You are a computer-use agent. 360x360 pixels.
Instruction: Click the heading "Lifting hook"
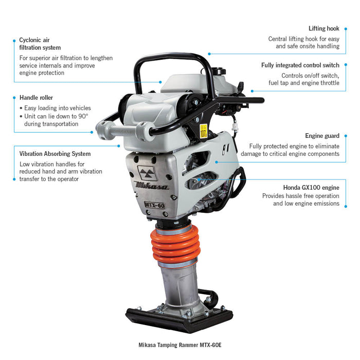323,28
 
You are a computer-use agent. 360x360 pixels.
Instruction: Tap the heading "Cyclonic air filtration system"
40,44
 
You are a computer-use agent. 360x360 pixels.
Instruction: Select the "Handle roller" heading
37,98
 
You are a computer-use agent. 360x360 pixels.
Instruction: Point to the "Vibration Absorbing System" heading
55,154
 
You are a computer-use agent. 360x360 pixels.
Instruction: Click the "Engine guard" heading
322,136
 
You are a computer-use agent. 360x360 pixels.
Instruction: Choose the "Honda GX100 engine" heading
311,188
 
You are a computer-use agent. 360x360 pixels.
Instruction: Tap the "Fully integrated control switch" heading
300,65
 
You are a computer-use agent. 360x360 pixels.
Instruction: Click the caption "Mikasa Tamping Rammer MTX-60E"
180,345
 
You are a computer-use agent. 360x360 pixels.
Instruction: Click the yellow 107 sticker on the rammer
204,131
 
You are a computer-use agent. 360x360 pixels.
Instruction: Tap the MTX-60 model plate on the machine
154,205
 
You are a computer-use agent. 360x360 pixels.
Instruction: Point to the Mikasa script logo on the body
152,186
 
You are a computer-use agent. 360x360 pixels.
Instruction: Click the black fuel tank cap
218,70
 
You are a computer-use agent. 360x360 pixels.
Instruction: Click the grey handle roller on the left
125,131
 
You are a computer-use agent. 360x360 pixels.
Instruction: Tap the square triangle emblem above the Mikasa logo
147,173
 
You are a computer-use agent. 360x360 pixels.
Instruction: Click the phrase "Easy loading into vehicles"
58,108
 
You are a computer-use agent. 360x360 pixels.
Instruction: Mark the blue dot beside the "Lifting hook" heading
346,29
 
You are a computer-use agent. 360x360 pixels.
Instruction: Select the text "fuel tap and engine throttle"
304,83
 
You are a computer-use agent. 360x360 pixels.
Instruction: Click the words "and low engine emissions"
306,204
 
